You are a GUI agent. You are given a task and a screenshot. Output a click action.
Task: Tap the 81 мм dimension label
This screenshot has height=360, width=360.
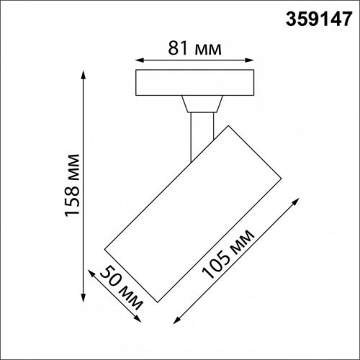(195, 48)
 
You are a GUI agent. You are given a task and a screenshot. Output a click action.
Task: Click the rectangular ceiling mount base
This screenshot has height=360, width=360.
(196, 83)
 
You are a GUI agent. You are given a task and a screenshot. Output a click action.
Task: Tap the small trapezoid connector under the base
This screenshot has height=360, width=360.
(200, 105)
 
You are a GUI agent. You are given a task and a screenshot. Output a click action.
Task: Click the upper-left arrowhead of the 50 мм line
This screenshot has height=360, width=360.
(91, 271)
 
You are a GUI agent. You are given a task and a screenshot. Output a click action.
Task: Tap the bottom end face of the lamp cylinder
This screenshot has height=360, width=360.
(132, 276)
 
